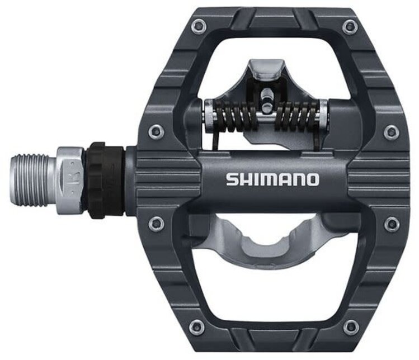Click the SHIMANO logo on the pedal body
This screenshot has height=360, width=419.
point(272,179)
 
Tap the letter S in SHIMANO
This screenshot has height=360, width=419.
point(232,179)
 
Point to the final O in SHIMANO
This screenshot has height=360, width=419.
point(312,179)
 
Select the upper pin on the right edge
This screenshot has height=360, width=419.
point(392,131)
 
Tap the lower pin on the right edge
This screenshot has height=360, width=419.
point(392,224)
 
